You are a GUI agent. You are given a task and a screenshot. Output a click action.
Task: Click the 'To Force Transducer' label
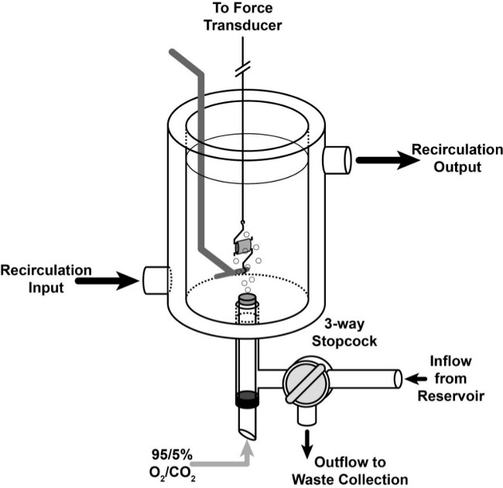(243, 17)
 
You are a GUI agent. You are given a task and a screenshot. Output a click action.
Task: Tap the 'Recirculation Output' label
(457, 158)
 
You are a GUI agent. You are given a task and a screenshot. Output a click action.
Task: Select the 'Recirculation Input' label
(46, 278)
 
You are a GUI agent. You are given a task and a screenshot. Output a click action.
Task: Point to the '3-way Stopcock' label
(344, 333)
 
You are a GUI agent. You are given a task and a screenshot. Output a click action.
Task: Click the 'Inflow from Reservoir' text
(450, 379)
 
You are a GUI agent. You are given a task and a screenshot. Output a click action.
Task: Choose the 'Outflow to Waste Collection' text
(350, 471)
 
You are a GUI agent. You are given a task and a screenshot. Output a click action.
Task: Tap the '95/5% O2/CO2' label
(173, 465)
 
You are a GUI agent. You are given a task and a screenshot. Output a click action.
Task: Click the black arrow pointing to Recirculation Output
(388, 159)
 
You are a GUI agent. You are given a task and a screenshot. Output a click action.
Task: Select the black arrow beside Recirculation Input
(108, 281)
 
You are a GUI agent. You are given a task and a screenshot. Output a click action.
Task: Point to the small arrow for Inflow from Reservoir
(416, 379)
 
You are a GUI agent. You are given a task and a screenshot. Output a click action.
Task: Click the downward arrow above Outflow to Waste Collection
(307, 445)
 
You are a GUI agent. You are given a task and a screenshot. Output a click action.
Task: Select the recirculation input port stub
(156, 280)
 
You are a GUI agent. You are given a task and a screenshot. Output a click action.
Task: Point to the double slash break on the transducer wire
(242, 69)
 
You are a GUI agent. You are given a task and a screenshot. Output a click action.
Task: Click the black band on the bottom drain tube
(247, 398)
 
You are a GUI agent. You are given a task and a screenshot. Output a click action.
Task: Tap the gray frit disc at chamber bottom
(247, 299)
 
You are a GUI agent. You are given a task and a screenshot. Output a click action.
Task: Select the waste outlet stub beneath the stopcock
(307, 415)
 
